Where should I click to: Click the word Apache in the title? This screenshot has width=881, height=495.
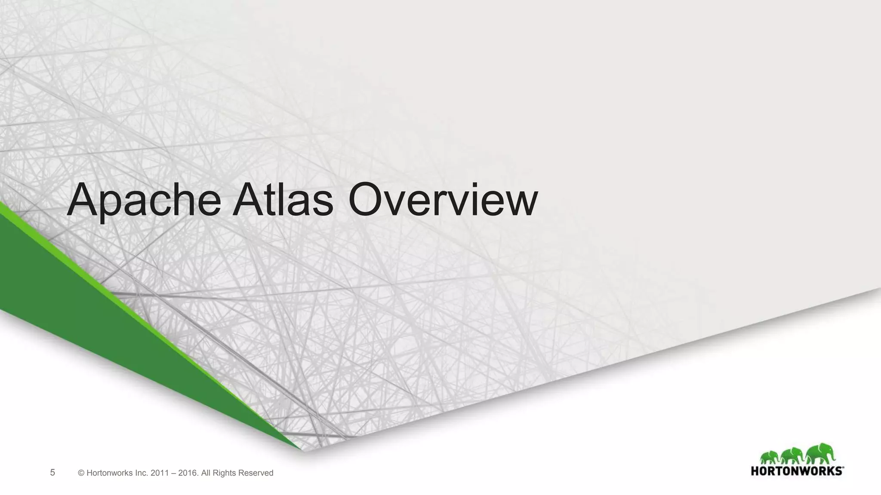coord(144,200)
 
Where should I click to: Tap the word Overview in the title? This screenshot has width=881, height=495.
coord(443,199)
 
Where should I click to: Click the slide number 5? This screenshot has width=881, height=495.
coord(52,473)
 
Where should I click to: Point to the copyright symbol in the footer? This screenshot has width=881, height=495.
coord(81,473)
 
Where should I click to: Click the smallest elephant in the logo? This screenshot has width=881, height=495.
coord(770,458)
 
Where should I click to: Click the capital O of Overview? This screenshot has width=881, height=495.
coord(366,199)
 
